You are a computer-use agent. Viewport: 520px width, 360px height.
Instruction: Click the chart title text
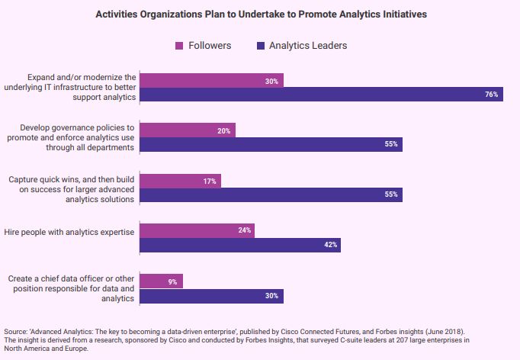click(261, 14)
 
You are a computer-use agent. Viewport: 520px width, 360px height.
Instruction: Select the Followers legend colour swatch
click(179, 46)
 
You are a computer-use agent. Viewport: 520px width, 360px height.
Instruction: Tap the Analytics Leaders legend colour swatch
click(262, 46)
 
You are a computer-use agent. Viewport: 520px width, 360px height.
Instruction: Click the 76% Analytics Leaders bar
click(321, 95)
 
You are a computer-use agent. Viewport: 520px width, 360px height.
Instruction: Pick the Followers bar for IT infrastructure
click(211, 81)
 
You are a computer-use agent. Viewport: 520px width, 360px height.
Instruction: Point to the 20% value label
click(223, 130)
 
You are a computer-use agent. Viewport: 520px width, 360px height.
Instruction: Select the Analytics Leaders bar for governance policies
click(271, 144)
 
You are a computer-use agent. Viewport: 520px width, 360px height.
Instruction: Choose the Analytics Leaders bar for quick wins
click(271, 194)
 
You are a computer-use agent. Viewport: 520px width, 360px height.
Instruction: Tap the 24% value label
click(245, 230)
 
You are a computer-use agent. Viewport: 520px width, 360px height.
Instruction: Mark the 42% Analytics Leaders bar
click(239, 245)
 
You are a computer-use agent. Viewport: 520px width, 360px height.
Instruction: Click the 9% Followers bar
click(161, 281)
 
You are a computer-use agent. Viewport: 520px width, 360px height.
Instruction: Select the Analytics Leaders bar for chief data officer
click(211, 295)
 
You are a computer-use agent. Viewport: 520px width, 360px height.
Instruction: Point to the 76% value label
click(491, 95)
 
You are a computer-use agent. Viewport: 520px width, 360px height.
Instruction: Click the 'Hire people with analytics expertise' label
click(71, 231)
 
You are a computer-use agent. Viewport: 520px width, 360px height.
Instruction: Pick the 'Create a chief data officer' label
click(71, 289)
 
